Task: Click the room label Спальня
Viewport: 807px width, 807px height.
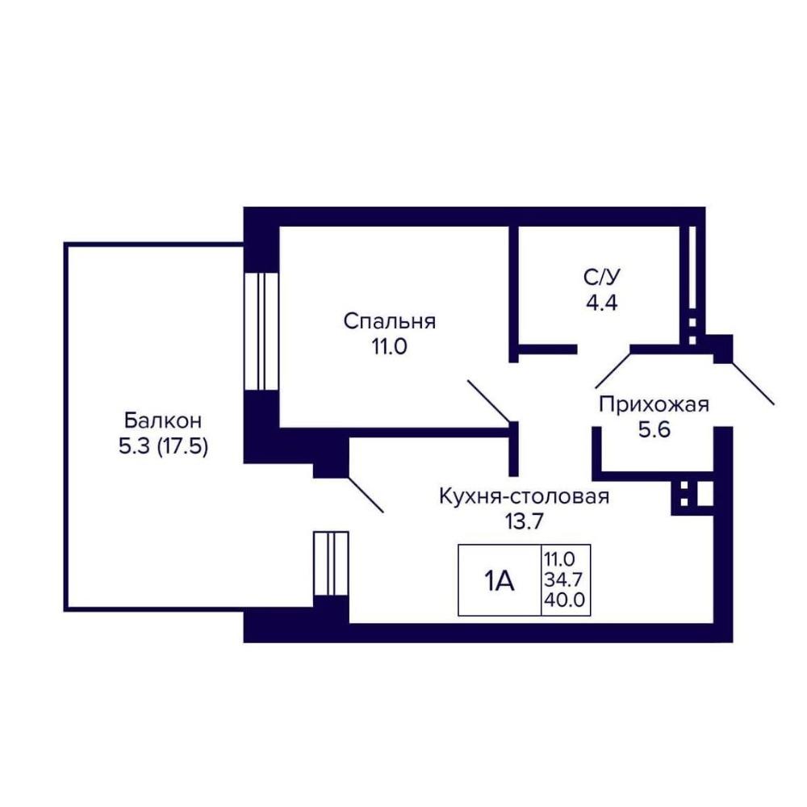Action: pos(390,322)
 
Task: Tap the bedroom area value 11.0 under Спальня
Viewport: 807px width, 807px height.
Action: pos(390,347)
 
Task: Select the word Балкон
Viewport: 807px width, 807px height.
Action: pos(163,421)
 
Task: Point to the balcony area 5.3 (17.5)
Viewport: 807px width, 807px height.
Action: pos(163,446)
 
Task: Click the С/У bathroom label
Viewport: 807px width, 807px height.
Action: pos(602,278)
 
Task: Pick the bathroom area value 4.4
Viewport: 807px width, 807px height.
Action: pos(602,303)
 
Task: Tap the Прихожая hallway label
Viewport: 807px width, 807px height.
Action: pos(654,404)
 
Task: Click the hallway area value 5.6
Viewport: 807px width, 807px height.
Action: pos(654,429)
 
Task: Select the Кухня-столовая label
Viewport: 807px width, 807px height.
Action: pos(524,497)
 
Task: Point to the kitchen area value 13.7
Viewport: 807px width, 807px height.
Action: pos(524,522)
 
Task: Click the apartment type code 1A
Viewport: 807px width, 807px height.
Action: pos(500,582)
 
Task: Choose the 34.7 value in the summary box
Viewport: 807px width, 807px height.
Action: pos(563,580)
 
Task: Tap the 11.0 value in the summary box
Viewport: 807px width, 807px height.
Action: pos(559,559)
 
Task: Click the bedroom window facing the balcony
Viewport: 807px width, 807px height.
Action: pos(261,332)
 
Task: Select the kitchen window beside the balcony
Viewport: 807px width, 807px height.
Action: pos(331,563)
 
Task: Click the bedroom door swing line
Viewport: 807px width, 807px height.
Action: pos(488,401)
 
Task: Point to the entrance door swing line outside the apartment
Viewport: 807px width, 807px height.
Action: pos(752,383)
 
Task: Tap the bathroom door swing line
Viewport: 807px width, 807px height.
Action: pos(613,370)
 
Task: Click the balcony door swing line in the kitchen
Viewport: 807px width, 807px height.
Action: pos(366,495)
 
